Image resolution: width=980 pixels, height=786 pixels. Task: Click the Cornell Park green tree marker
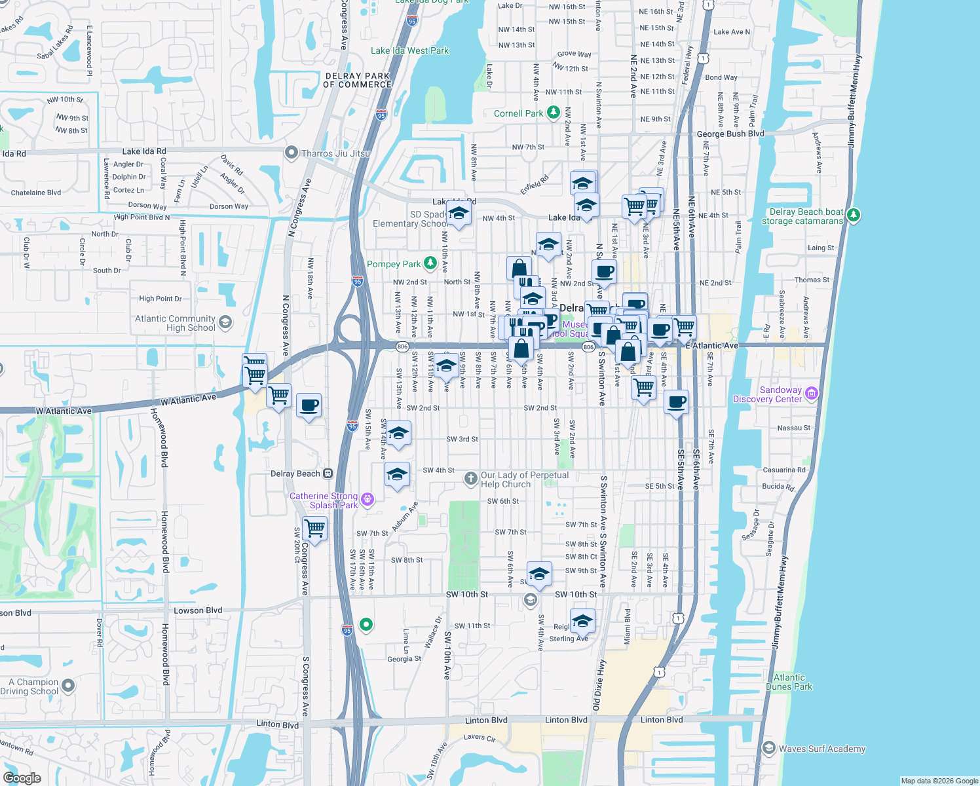point(554,113)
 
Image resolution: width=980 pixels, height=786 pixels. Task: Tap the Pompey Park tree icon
point(430,263)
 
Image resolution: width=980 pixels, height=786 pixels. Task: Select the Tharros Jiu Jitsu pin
point(292,153)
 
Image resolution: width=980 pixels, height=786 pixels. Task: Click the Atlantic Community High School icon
point(225,322)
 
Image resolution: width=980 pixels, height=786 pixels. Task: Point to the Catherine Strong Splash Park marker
point(367,500)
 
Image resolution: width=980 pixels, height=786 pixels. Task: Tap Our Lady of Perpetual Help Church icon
point(470,479)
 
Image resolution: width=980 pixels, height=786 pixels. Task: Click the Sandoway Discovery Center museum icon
point(812,393)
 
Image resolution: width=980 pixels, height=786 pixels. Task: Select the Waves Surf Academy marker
point(769,748)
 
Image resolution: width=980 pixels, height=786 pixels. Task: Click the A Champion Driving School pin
point(68,686)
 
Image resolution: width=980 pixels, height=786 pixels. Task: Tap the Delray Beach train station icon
point(328,474)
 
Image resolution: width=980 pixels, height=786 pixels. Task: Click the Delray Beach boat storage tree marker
point(853,215)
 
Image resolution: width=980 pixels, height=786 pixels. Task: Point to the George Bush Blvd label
point(730,134)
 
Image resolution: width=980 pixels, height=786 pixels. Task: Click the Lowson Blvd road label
point(198,610)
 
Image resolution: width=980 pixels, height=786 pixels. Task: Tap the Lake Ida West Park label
point(409,50)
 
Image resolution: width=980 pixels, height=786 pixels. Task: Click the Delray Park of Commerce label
point(358,80)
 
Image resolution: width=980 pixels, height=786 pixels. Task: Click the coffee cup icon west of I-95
point(309,405)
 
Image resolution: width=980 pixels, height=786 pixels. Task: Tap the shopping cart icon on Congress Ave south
point(315,528)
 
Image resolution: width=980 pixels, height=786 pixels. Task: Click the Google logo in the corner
point(22,778)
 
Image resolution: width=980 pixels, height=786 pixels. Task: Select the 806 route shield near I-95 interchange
point(402,346)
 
